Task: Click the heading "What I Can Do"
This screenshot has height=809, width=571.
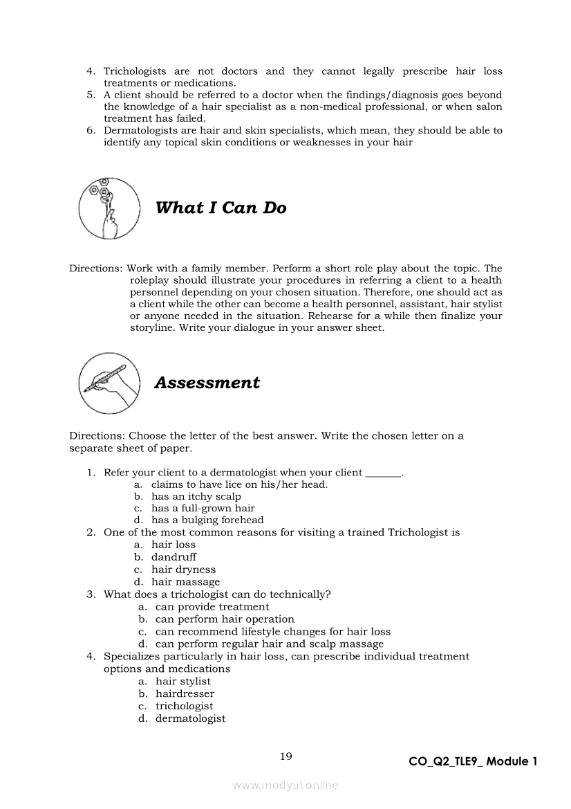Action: pos(221,208)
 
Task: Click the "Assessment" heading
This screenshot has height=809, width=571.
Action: pos(207,383)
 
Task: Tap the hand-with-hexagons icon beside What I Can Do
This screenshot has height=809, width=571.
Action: pos(109,208)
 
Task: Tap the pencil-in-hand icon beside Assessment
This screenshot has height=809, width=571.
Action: pos(109,383)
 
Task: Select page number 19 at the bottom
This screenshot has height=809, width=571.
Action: pos(285,756)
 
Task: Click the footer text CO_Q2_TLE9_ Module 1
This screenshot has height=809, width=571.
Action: pos(473,761)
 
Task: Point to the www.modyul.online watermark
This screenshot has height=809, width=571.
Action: pos(285,785)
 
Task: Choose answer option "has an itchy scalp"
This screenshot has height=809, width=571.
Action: pos(196,496)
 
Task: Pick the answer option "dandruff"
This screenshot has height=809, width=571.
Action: pos(174,556)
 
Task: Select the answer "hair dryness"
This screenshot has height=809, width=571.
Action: pos(183,569)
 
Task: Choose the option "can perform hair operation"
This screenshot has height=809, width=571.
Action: pos(225,619)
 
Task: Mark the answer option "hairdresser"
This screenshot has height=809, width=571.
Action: pos(185,693)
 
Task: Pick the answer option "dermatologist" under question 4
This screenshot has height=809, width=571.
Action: pos(190,718)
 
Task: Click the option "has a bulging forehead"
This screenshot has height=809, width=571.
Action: pos(207,520)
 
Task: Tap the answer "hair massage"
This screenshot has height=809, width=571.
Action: pos(185,581)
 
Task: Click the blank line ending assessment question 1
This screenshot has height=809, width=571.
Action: pos(382,474)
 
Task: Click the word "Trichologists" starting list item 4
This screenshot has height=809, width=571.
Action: pos(135,71)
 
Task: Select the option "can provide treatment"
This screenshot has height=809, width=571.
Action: pos(212,607)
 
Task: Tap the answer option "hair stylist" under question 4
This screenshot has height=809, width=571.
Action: pos(182,681)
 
